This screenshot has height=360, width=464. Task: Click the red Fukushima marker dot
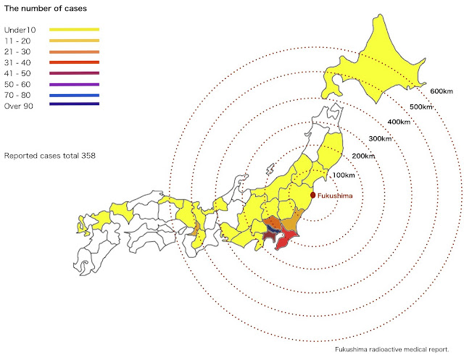tap(312, 195)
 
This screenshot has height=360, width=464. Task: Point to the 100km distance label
tap(344, 175)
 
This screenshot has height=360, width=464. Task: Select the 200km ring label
tap(364, 156)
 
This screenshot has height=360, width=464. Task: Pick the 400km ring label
tap(399, 122)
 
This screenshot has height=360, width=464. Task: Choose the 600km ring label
tap(441, 91)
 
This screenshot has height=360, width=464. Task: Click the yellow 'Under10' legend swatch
tap(75, 30)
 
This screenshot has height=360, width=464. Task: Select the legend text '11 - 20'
tap(18, 41)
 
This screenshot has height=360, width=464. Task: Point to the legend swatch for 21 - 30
tap(75, 52)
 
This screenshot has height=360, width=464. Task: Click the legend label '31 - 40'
tap(18, 63)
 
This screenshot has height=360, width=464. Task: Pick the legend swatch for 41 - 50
tap(75, 74)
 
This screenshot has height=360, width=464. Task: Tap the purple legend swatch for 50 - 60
tap(75, 84)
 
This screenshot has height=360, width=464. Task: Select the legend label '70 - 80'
tap(18, 94)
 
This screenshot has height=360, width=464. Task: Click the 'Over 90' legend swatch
tap(75, 104)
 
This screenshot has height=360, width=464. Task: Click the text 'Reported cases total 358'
tap(50, 156)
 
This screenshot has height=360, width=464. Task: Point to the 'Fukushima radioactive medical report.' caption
tap(397, 349)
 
